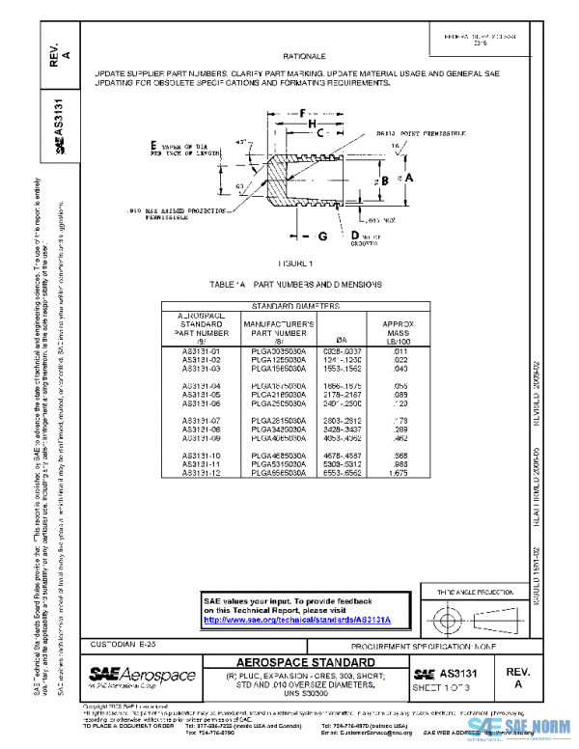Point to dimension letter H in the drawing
312,125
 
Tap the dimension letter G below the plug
323,236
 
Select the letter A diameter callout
409,179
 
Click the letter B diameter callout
383,180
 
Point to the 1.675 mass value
397,473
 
